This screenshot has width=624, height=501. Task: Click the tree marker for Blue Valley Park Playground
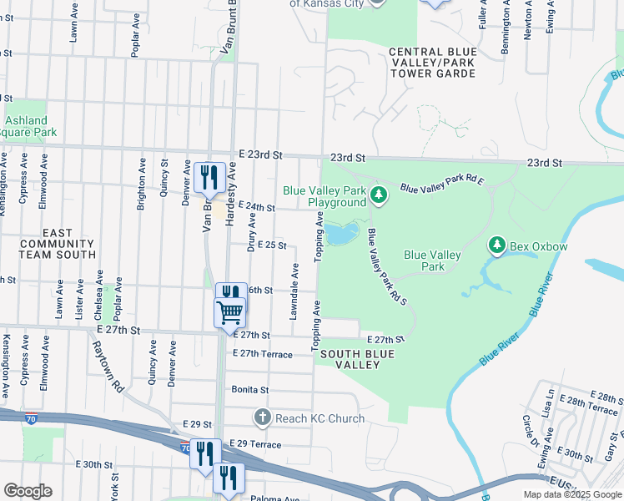pyautogui.click(x=379, y=195)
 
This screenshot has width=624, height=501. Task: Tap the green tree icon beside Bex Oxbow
pyautogui.click(x=496, y=245)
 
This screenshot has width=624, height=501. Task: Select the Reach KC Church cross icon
pyautogui.click(x=263, y=417)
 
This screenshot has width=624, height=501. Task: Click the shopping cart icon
pyautogui.click(x=229, y=313)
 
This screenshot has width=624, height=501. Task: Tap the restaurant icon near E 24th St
pyautogui.click(x=209, y=176)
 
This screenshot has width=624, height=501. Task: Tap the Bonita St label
pyautogui.click(x=250, y=390)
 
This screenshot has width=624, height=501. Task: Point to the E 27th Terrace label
pyautogui.click(x=263, y=354)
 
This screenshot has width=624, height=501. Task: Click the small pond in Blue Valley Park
pyautogui.click(x=341, y=234)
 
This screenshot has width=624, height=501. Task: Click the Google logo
pyautogui.click(x=28, y=491)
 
